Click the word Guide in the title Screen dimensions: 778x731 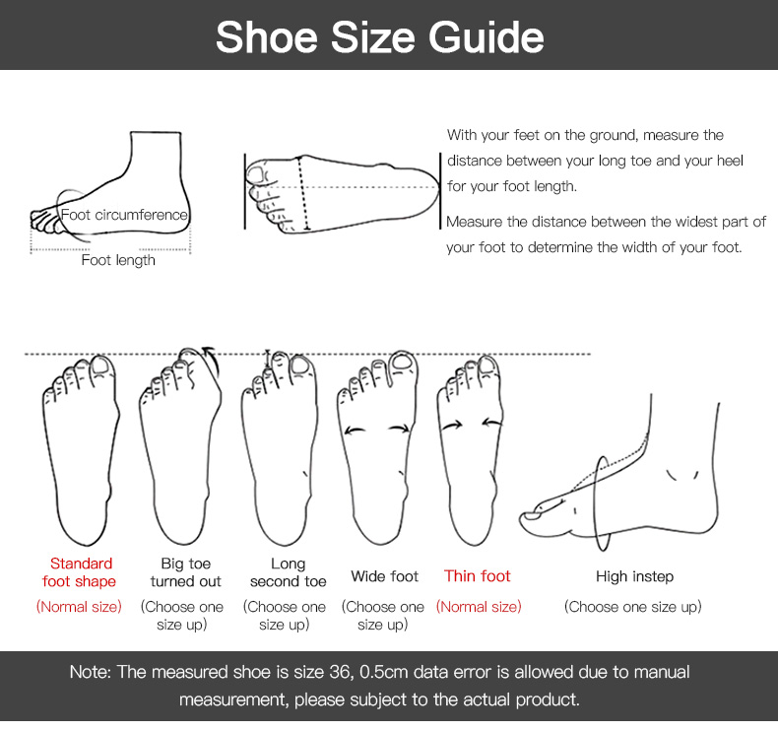click(486, 37)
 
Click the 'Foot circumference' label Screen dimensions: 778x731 click(124, 215)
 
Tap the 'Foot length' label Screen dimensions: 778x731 click(118, 260)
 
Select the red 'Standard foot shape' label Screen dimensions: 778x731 click(80, 572)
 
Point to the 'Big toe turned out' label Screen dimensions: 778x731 click(185, 572)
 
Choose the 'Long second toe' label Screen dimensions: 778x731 click(288, 572)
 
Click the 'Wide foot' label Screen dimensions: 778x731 click(384, 576)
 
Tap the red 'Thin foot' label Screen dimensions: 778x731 click(477, 575)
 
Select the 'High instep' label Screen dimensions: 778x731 click(634, 576)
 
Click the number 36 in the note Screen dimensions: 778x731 click(339, 672)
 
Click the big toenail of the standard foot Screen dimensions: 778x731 click(101, 366)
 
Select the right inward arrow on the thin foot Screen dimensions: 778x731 click(492, 423)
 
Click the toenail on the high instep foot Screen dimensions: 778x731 click(533, 516)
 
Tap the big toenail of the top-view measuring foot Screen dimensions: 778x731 click(256, 173)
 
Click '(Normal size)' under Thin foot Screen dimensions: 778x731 click(479, 607)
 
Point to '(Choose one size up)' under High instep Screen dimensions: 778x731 click(632, 607)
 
